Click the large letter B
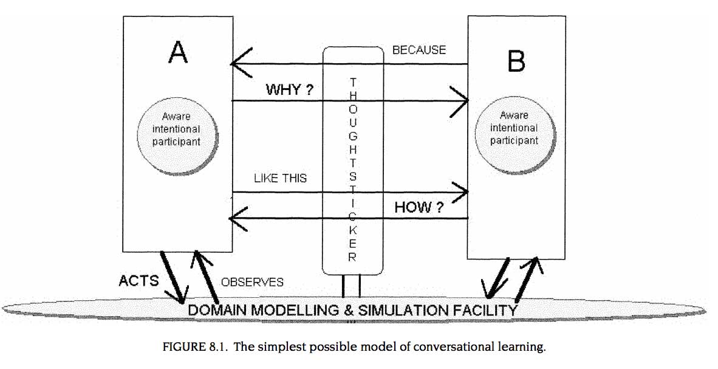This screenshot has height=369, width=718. pos(516,61)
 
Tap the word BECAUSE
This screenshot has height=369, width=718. pos(419,50)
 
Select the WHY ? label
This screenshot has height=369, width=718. pos(290,91)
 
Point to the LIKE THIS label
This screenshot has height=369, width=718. pos(280,178)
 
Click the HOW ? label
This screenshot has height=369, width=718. pos(419,207)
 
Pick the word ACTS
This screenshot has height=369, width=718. pos(138,280)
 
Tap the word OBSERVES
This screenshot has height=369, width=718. pos(252,282)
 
